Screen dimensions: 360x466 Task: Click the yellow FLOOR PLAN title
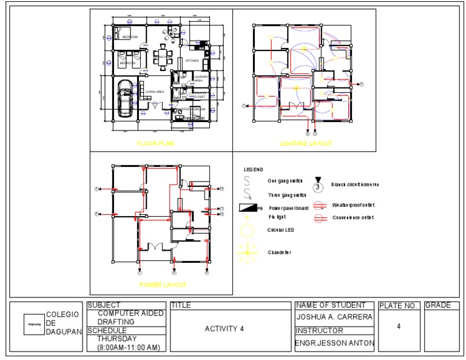click(155, 144)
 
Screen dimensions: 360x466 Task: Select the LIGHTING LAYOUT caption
click(306, 144)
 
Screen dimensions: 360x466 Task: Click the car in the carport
click(126, 98)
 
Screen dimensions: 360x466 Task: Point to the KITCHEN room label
click(192, 61)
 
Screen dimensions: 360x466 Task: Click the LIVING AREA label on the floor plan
click(155, 92)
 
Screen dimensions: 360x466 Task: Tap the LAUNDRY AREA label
click(201, 78)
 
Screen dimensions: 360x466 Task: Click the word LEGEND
click(254, 169)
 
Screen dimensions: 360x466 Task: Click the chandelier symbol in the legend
click(248, 252)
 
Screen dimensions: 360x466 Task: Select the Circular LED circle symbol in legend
click(248, 230)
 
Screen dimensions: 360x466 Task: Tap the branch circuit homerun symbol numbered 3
click(317, 186)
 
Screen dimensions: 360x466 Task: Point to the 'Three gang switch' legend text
click(287, 195)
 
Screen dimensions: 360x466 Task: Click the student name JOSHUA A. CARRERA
click(334, 317)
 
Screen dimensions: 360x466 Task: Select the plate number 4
click(399, 327)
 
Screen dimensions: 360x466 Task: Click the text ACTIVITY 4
click(224, 329)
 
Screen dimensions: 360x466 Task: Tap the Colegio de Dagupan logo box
click(34, 324)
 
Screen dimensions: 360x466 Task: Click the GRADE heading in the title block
click(438, 305)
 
